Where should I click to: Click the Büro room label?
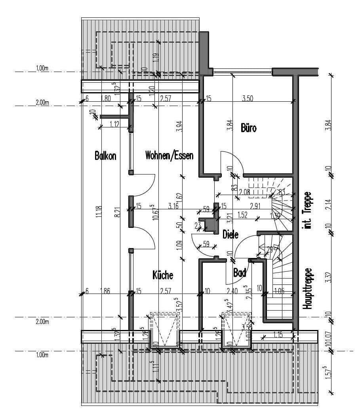(249, 128)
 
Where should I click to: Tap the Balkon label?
(105, 155)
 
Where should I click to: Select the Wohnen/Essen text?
(169, 155)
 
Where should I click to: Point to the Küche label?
(163, 275)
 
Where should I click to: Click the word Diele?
(230, 234)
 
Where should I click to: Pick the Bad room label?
(240, 273)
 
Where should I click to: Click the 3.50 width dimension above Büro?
(247, 99)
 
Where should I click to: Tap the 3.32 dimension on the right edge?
(328, 276)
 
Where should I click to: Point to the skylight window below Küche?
(164, 331)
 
